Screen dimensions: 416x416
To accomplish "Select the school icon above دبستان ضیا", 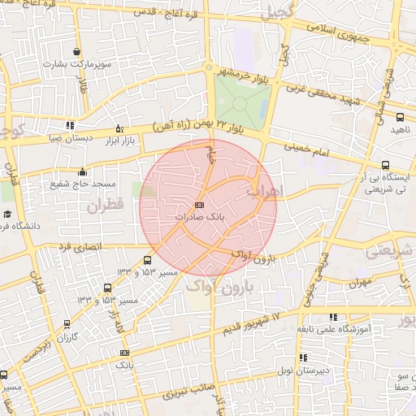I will tap(70, 126).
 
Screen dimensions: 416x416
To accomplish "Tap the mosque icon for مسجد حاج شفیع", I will tap(82, 171).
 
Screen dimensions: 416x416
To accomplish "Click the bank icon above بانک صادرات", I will tap(199, 206).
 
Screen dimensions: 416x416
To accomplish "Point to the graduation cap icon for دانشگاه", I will tap(7, 214).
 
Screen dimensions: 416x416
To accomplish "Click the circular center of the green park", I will tap(239, 102).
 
